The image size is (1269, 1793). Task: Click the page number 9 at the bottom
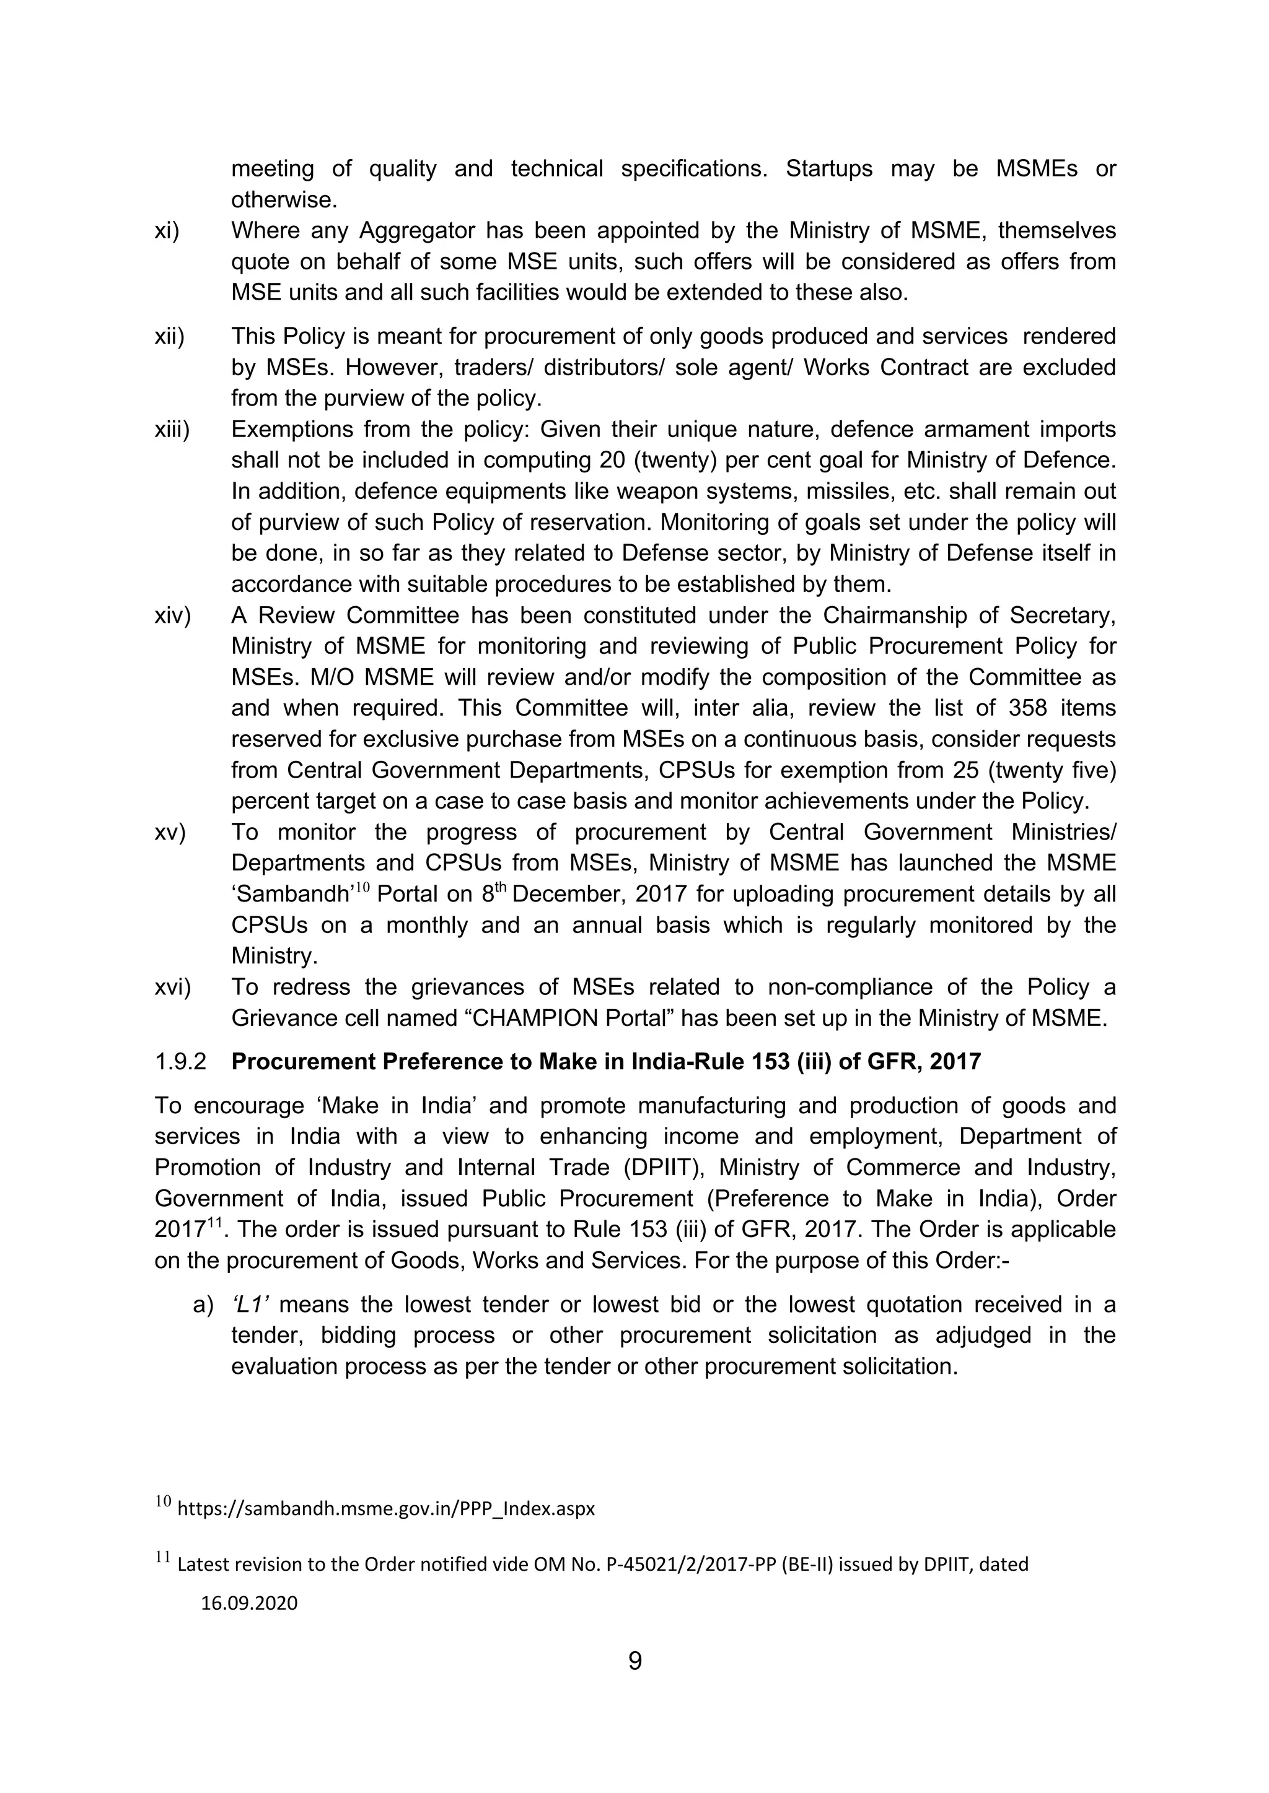[634, 1661]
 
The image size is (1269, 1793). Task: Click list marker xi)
[167, 231]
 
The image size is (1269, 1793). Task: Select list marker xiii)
[172, 430]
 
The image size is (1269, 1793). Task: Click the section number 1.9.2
[180, 1062]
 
